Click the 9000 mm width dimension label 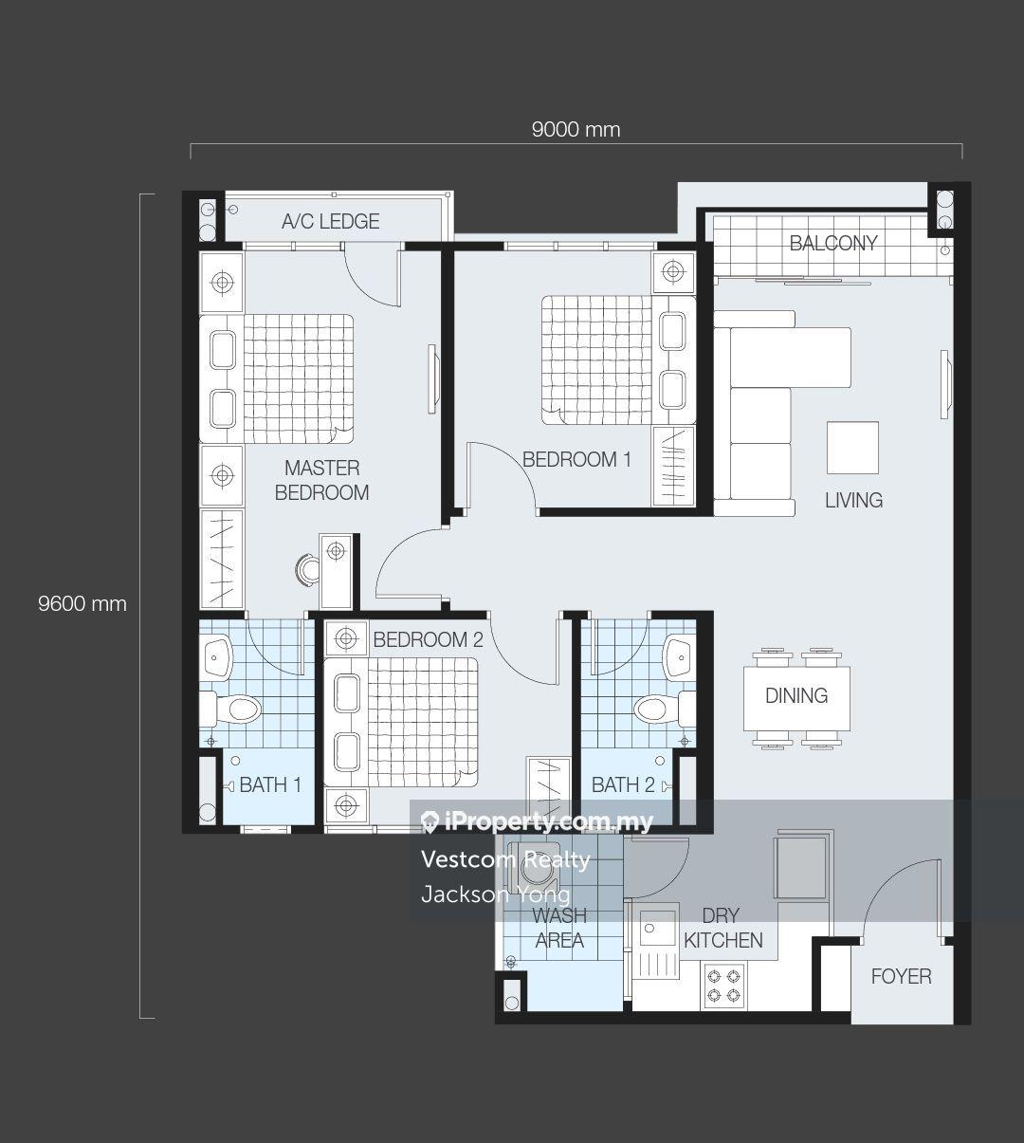click(x=576, y=130)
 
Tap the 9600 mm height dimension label click(x=82, y=604)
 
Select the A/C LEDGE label click(x=331, y=221)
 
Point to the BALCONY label click(x=832, y=243)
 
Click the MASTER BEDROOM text click(x=322, y=480)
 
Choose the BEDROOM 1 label click(x=576, y=460)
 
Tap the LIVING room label click(x=853, y=501)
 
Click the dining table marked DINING click(x=796, y=699)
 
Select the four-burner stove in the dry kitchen click(x=723, y=986)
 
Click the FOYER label click(x=901, y=977)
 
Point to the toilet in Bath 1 click(x=231, y=710)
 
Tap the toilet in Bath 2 click(x=665, y=709)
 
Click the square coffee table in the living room click(x=852, y=448)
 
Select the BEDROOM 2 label click(x=428, y=639)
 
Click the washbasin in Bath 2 click(x=681, y=657)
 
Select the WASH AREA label click(x=560, y=928)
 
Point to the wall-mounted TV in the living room click(x=944, y=384)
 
